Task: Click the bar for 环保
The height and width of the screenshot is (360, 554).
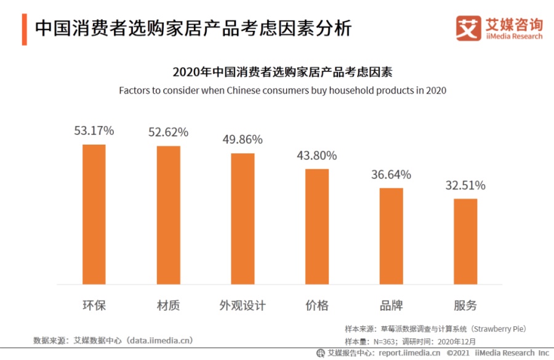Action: coord(94,214)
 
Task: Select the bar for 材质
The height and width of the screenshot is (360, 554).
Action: coord(168,215)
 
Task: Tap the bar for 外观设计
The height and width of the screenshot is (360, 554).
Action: coord(243,218)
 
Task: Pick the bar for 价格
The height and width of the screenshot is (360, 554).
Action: coord(317,226)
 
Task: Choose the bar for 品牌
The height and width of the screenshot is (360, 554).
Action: coord(391,236)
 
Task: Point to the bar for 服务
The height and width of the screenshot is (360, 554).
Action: coord(465,241)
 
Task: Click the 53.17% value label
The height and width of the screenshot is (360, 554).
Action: coord(94,130)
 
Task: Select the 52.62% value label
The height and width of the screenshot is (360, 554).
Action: coord(168,132)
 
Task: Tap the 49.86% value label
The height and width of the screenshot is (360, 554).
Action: coord(243,140)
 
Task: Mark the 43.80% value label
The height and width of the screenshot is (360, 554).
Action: coord(317,156)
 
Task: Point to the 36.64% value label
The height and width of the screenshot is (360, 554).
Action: coord(391,175)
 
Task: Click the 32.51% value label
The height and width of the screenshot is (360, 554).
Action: coord(465,185)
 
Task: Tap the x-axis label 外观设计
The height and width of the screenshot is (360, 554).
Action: coord(243,306)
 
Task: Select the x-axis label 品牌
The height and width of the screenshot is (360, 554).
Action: coord(391,306)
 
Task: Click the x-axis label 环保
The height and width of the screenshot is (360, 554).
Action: coord(94,306)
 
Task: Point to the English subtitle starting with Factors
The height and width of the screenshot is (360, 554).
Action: coord(282,90)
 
